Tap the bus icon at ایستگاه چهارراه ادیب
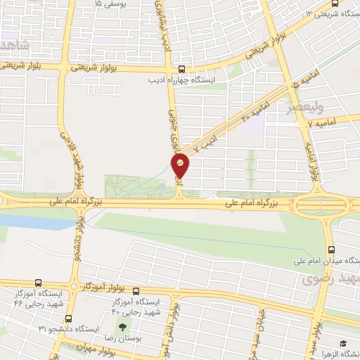point(182,69)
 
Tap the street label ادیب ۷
point(202,148)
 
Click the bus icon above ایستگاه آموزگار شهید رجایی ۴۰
point(136,291)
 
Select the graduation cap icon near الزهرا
point(344,343)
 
